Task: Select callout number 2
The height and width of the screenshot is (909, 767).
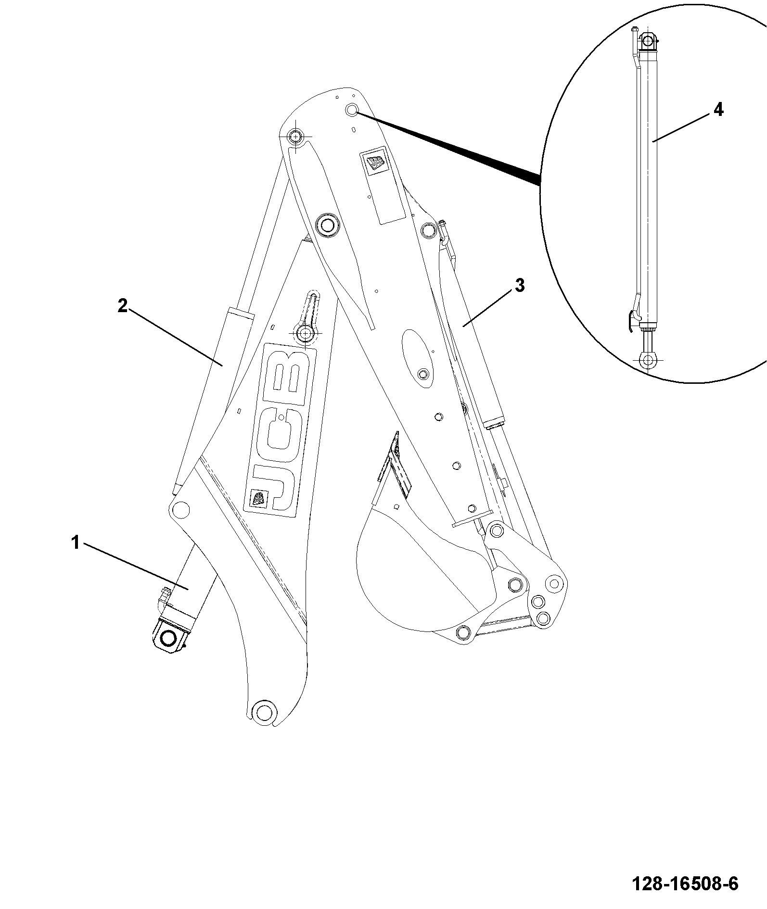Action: (x=123, y=306)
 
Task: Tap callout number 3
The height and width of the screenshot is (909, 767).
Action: (x=520, y=285)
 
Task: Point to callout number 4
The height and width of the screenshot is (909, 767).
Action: (x=718, y=110)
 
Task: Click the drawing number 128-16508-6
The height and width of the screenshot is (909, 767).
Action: (x=685, y=883)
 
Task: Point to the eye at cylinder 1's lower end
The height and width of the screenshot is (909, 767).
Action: (x=169, y=638)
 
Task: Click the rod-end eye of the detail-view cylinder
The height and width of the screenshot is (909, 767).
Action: (x=648, y=358)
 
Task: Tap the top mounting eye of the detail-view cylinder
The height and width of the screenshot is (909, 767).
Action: (x=648, y=41)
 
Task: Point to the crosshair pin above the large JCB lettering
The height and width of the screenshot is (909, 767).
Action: (x=305, y=333)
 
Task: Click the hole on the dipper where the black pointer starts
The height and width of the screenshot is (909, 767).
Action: (x=352, y=110)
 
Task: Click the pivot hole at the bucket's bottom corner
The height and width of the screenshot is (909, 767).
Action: (x=463, y=631)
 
